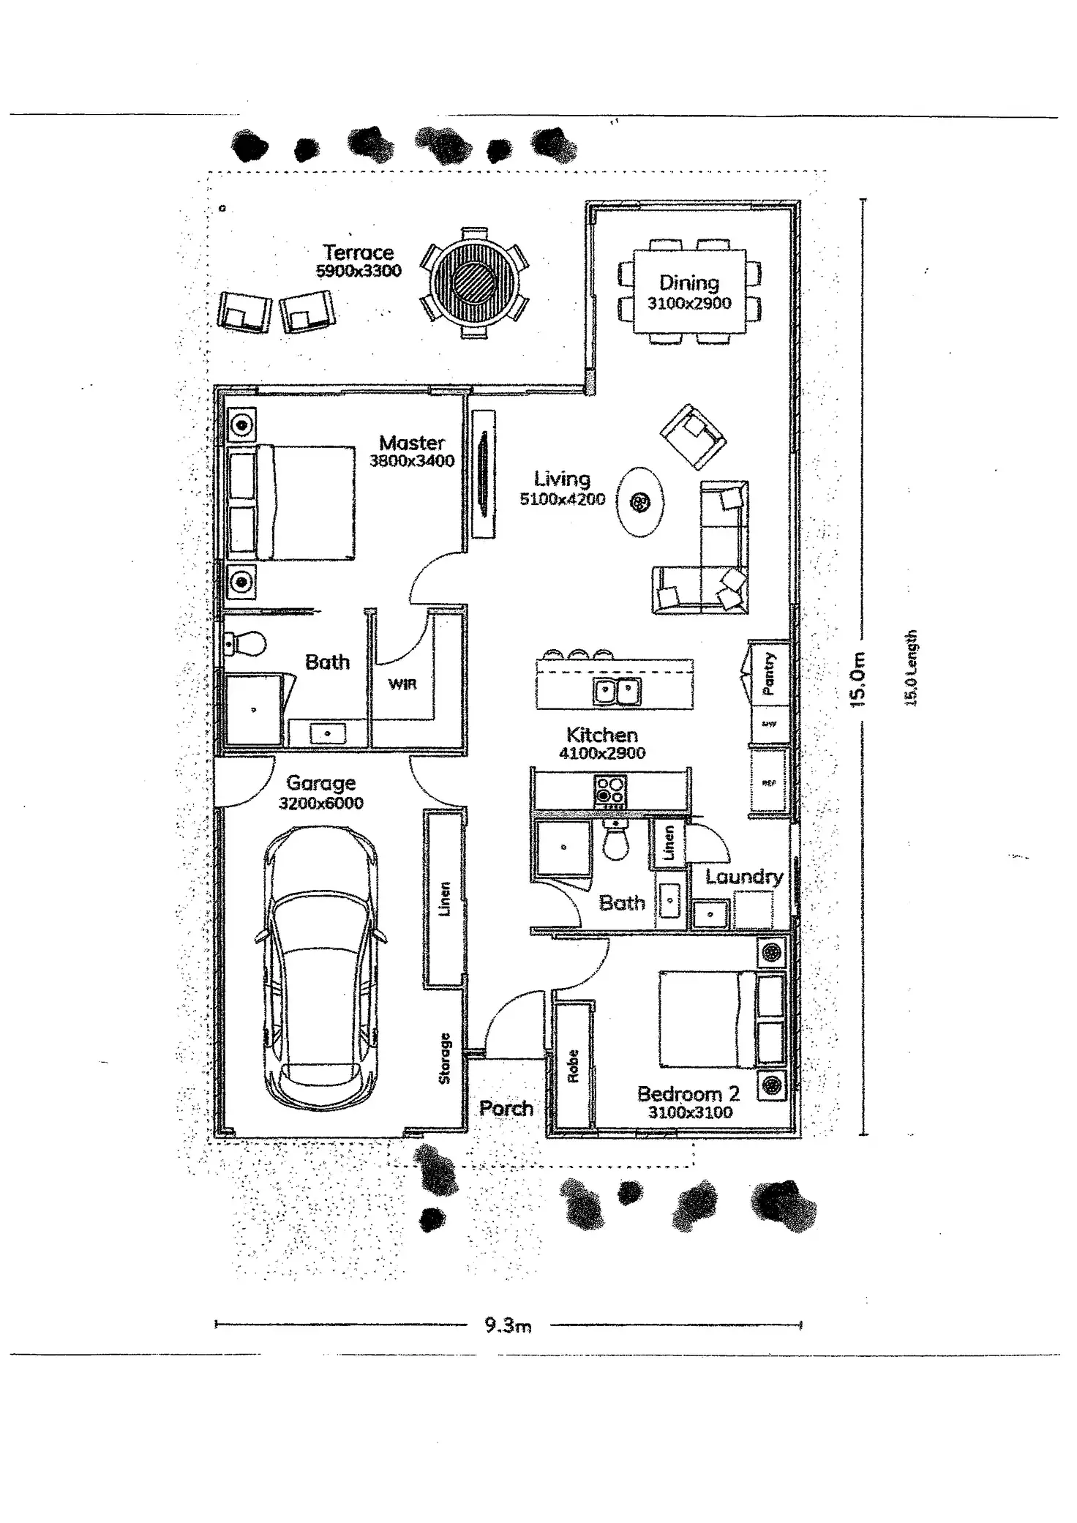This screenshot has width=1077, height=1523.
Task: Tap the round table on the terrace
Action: click(475, 281)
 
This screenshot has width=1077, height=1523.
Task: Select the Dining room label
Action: click(688, 282)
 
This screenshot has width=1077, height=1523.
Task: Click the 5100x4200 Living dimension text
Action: click(562, 499)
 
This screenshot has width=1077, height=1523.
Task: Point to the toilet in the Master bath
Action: click(247, 644)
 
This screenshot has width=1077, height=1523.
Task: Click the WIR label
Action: click(402, 684)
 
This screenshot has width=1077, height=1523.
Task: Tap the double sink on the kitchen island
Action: click(617, 690)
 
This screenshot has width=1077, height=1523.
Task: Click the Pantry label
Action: click(768, 673)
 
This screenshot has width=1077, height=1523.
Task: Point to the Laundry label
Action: click(743, 877)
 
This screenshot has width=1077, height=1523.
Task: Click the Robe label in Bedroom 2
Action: click(573, 1066)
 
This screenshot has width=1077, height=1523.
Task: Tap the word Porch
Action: click(506, 1108)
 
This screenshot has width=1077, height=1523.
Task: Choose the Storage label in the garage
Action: click(444, 1058)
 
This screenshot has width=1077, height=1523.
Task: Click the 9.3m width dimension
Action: click(508, 1325)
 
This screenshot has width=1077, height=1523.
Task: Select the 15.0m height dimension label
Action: click(858, 679)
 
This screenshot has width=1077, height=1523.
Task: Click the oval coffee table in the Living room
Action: click(640, 502)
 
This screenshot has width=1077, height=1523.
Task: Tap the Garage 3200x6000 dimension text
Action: click(320, 803)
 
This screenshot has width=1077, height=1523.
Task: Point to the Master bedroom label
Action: click(412, 443)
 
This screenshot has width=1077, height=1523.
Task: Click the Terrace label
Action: click(359, 252)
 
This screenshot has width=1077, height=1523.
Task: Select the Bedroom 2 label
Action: click(688, 1093)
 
